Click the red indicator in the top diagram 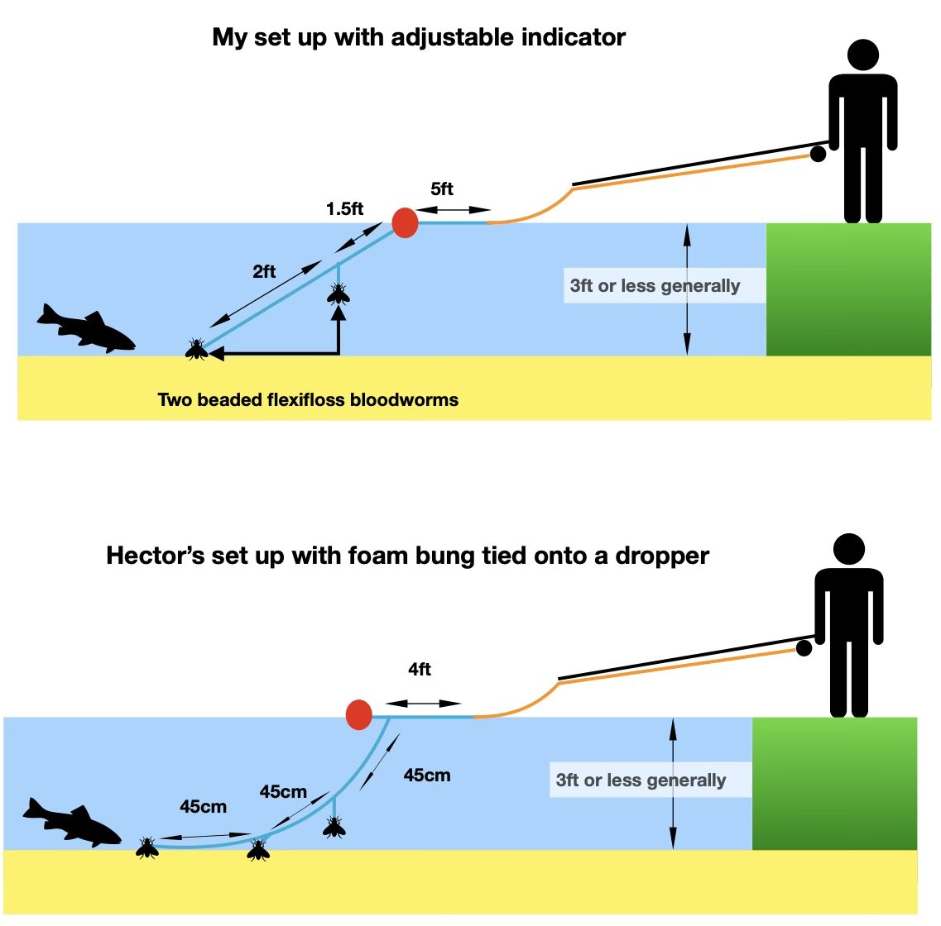tap(405, 222)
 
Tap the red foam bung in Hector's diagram tap(358, 714)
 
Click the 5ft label tap(442, 189)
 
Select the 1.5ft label tap(344, 208)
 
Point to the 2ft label tap(264, 271)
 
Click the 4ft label tap(420, 669)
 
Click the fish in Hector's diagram tap(72, 822)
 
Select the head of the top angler tap(862, 56)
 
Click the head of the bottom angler tap(848, 549)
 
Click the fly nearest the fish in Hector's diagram tap(147, 847)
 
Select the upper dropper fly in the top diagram tap(338, 293)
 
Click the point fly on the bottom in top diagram tap(196, 349)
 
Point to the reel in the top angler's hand tap(818, 154)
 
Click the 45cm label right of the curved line tap(427, 775)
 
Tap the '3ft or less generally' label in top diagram tap(655, 286)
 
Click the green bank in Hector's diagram tap(833, 783)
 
